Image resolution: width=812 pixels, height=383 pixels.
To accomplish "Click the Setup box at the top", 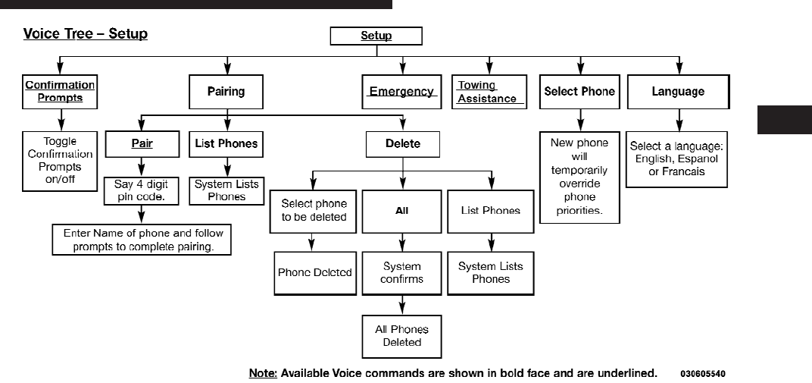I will [376, 36].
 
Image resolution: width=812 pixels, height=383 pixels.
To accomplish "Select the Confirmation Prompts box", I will [60, 92].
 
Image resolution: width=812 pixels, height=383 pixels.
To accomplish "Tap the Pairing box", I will [226, 92].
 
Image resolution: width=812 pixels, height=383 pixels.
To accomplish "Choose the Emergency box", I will [401, 92].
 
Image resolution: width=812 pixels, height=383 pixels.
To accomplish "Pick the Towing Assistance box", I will [489, 92].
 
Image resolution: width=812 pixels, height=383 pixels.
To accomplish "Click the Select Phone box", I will [579, 92].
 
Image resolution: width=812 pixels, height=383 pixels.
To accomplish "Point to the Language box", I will [678, 92].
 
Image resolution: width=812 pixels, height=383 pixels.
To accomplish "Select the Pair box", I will [142, 143].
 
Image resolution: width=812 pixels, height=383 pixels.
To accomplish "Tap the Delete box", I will [402, 143].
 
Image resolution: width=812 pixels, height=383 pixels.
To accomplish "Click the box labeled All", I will [402, 211].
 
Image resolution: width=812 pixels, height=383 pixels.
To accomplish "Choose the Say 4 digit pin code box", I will [142, 190].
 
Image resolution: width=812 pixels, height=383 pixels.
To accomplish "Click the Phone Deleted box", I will [314, 273].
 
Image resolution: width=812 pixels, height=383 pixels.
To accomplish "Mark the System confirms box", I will [402, 273].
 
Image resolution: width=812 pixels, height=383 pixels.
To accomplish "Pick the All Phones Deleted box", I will [401, 336].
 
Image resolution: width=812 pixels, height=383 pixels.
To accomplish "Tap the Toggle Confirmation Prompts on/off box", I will [60, 159].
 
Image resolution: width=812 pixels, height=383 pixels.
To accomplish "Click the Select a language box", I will [677, 159].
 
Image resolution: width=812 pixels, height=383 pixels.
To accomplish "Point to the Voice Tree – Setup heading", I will [86, 34].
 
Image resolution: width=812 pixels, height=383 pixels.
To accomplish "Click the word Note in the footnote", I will [263, 374].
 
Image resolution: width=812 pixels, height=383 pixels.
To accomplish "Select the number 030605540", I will [703, 374].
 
